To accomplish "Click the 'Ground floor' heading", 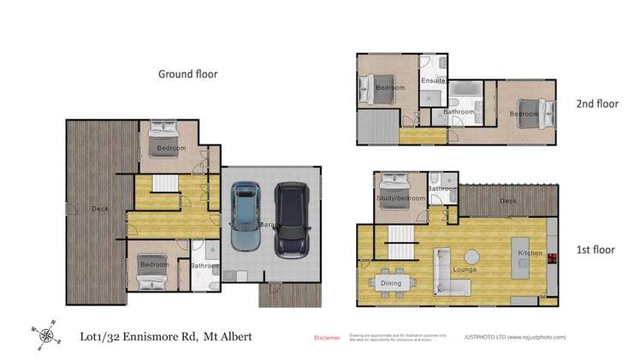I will (x=187, y=74).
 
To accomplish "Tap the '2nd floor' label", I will (x=596, y=104).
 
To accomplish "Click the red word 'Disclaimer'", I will (x=327, y=338).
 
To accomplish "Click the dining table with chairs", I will (x=391, y=282).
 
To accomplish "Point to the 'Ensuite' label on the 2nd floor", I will (x=433, y=81).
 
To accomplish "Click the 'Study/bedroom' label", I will (x=400, y=198).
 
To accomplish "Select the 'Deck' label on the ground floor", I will (x=100, y=208).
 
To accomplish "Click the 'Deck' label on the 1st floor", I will (x=508, y=201).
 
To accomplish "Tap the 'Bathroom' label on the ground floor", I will (x=205, y=265).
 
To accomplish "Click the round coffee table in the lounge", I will (x=471, y=254).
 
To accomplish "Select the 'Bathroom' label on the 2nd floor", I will (x=458, y=111).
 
